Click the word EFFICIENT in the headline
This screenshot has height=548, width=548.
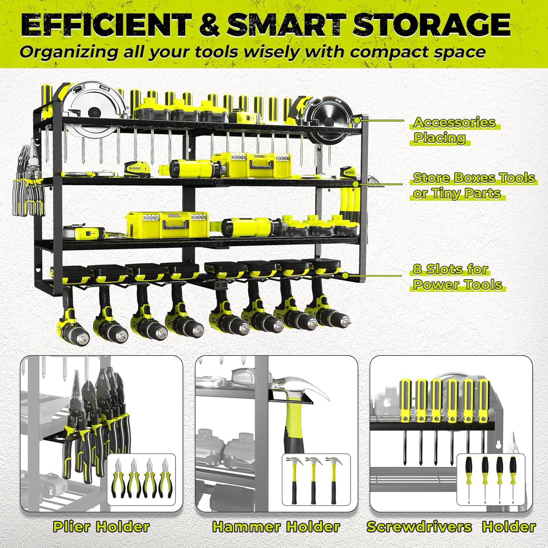coord(106,25)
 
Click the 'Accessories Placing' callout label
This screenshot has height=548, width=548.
coord(454,130)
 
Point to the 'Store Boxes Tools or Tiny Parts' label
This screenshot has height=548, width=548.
coord(473,186)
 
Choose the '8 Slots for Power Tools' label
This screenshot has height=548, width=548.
coord(457,277)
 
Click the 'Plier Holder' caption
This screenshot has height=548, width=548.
coord(101,526)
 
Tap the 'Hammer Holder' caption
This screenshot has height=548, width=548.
coord(276,526)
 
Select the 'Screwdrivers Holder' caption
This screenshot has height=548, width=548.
coord(451,526)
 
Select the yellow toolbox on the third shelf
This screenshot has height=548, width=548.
coord(168,225)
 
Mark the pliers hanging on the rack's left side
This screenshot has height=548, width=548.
coord(29,183)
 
